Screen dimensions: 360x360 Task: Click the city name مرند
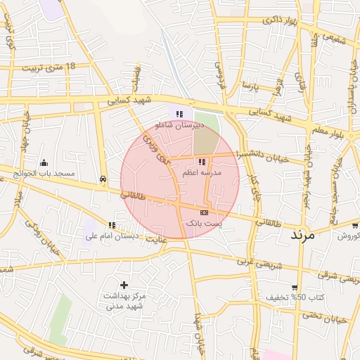click(305, 235)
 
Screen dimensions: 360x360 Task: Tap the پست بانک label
click(203, 222)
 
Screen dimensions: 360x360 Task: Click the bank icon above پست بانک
click(204, 212)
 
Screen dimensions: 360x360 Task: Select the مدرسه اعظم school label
click(202, 172)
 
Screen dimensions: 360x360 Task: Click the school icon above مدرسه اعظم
click(202, 162)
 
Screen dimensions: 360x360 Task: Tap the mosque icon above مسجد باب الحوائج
click(44, 163)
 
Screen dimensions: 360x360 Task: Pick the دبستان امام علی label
click(112, 236)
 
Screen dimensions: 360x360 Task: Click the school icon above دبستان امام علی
click(112, 225)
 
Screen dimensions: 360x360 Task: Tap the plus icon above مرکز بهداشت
click(124, 285)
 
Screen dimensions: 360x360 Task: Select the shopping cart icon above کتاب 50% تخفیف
click(294, 288)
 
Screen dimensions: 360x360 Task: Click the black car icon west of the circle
click(104, 179)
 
